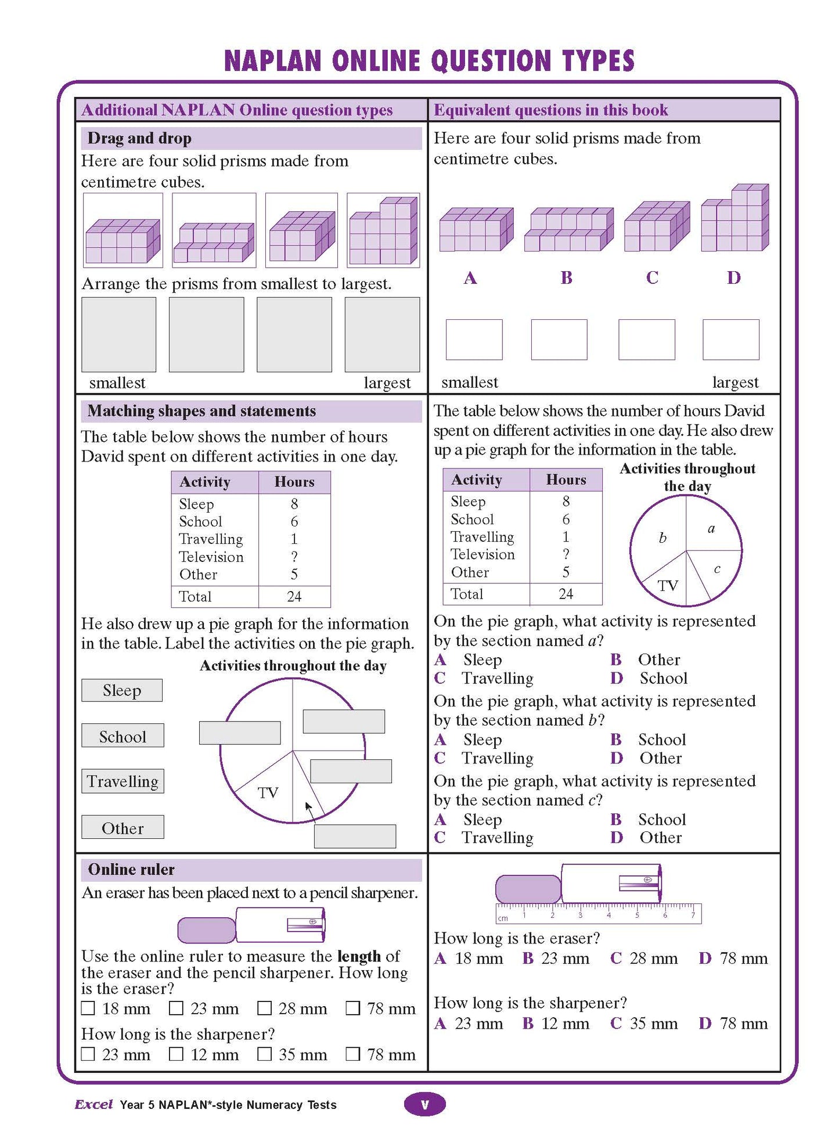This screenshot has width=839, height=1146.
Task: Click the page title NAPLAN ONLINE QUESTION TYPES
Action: click(429, 61)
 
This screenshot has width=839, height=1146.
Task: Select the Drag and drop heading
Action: click(139, 138)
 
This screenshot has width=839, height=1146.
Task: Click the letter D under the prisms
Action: click(733, 278)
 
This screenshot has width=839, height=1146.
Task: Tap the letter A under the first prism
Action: click(470, 278)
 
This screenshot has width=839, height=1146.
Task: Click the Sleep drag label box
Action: click(122, 690)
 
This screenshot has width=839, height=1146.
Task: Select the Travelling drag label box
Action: click(123, 781)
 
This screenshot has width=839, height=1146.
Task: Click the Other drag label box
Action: click(123, 828)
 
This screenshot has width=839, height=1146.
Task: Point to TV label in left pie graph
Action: click(268, 793)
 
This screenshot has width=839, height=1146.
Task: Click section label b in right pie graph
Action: click(662, 538)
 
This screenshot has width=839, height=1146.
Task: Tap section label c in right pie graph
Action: click(717, 569)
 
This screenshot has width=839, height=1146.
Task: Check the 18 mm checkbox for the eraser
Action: click(88, 1008)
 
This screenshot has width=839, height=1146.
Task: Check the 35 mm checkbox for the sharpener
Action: click(265, 1054)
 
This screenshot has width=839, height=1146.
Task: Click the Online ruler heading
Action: click(131, 870)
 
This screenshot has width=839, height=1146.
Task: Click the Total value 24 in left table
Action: click(294, 597)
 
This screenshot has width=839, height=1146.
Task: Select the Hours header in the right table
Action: click(566, 480)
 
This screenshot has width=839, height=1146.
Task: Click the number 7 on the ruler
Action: click(693, 916)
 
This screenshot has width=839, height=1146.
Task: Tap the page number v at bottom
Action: click(424, 1105)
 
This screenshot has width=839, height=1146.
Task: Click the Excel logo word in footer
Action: click(93, 1105)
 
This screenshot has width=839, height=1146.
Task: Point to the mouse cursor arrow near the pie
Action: click(309, 808)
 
